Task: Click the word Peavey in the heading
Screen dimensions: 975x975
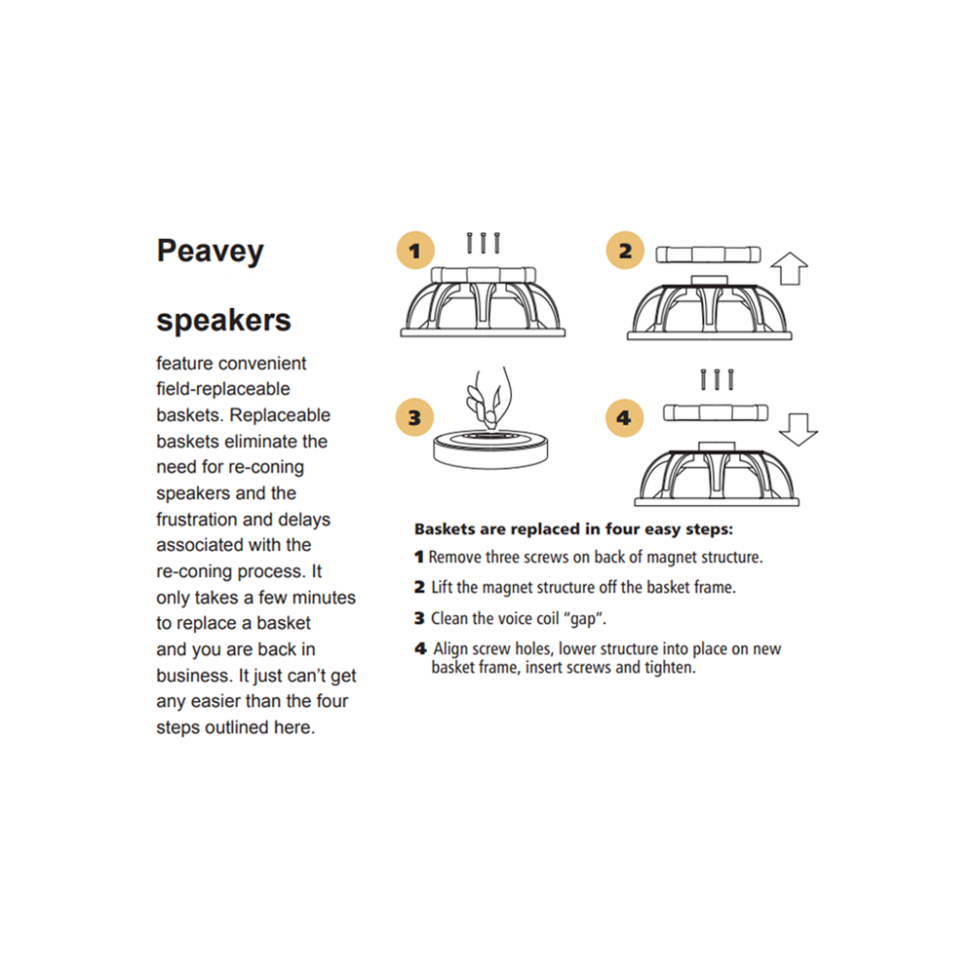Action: [211, 253]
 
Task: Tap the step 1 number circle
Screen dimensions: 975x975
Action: [415, 251]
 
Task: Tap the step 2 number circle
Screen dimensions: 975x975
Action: [625, 251]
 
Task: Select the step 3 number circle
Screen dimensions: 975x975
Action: [414, 418]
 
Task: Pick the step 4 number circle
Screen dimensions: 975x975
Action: [624, 419]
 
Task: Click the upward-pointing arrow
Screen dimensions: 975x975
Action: [790, 266]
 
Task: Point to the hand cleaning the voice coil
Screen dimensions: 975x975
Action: [488, 396]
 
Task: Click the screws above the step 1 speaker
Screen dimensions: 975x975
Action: [484, 242]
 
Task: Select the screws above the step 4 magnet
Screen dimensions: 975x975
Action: [716, 378]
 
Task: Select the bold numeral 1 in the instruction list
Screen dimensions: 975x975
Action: [419, 558]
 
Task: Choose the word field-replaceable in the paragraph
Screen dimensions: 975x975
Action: [223, 389]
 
